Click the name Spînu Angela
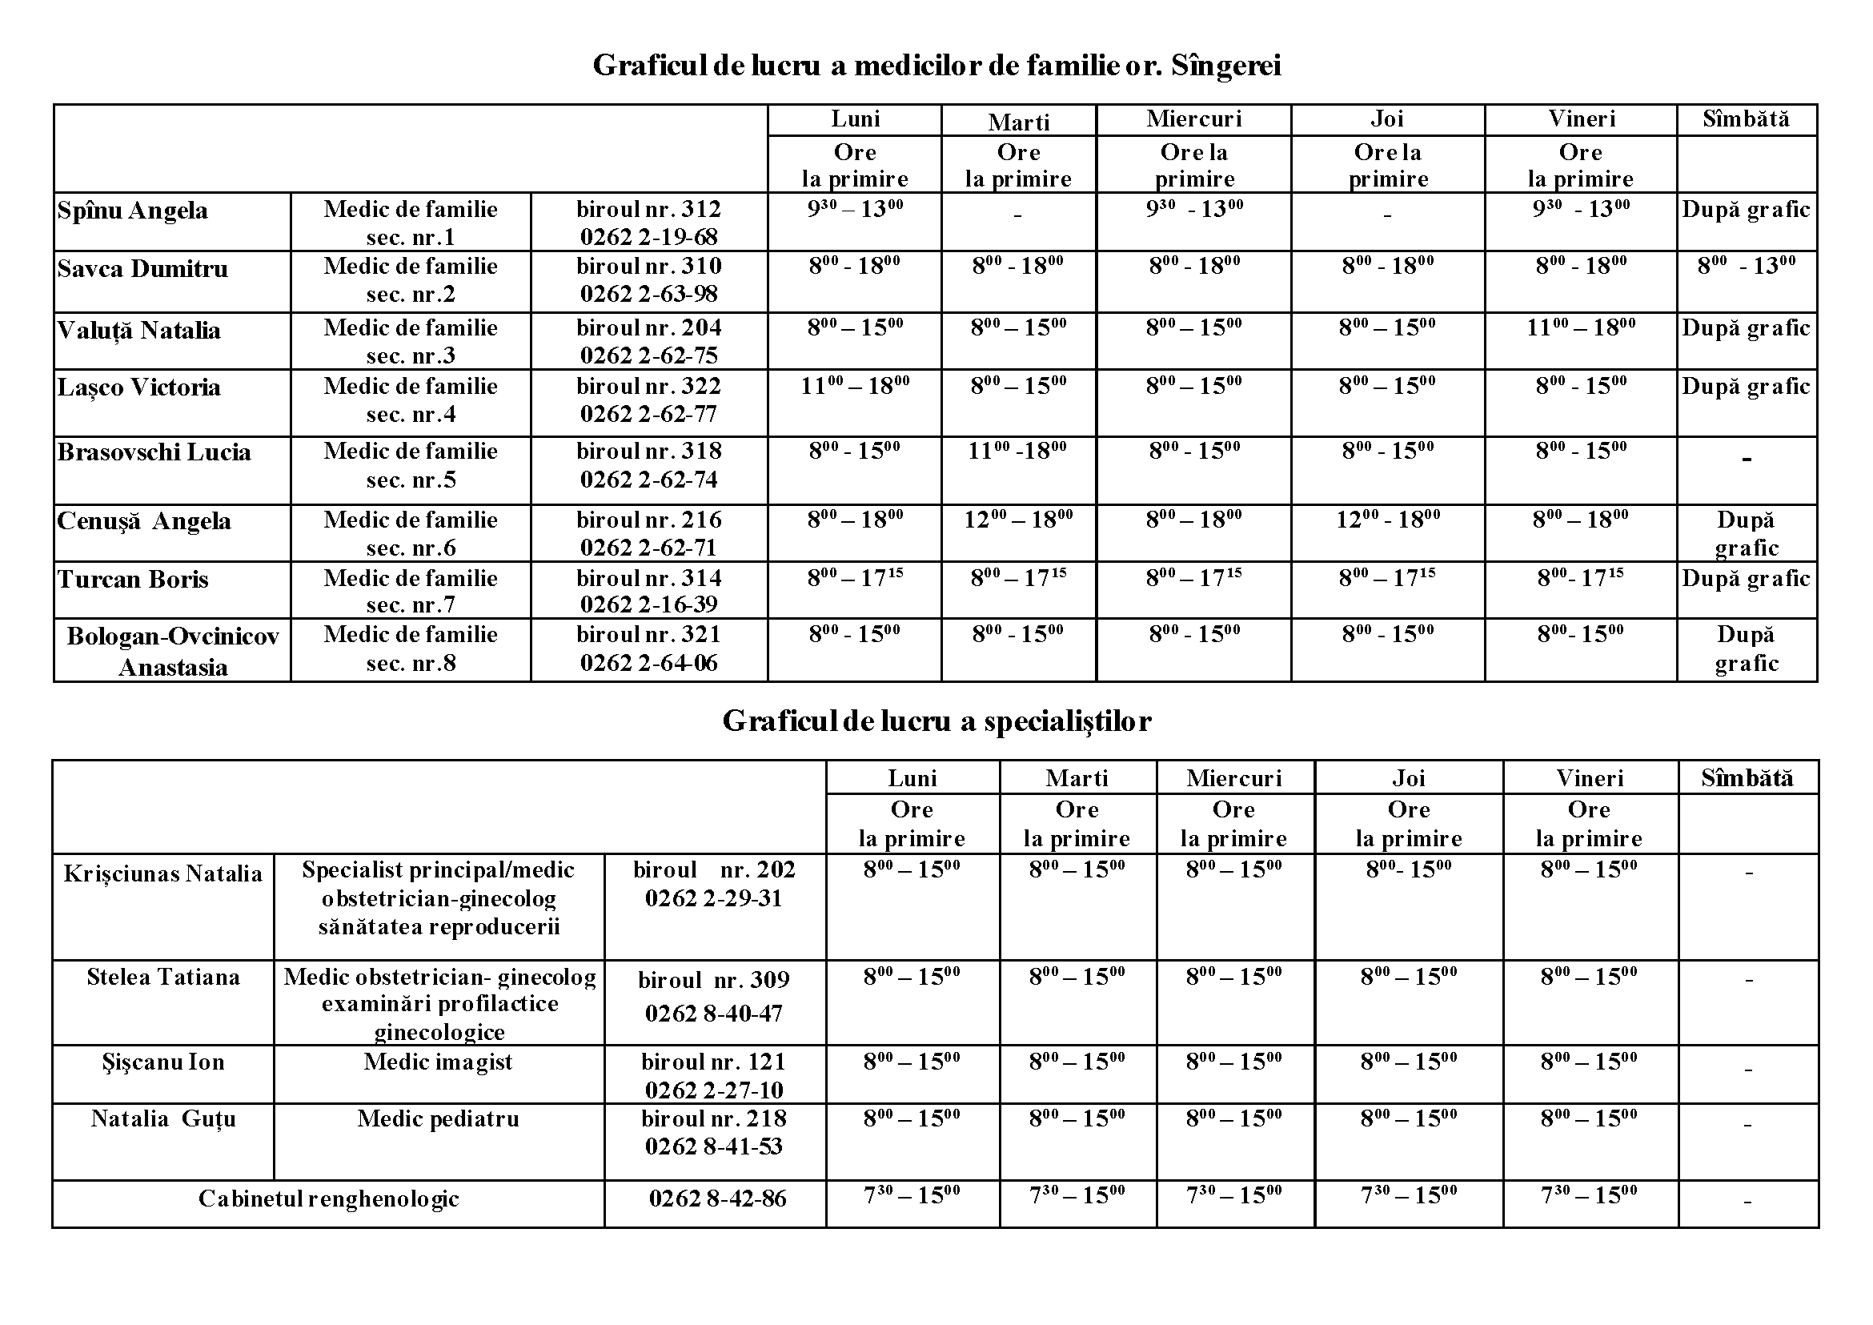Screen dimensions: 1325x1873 tap(132, 211)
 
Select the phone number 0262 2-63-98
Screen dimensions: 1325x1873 tap(648, 294)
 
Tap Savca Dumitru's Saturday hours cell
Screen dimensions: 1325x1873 tap(1746, 266)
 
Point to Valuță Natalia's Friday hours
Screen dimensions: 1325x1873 tap(1580, 328)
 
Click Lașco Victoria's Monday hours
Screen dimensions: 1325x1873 tap(854, 386)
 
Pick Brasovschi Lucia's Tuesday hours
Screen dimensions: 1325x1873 tap(1017, 452)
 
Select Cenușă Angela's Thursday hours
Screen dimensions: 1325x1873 tap(1387, 520)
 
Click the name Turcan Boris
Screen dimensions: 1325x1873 tap(133, 580)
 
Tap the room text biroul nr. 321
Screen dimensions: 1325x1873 tap(648, 635)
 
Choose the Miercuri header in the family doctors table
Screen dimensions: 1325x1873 tap(1193, 119)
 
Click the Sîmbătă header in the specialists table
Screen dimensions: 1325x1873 tap(1747, 777)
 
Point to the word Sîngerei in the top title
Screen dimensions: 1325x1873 tap(1225, 66)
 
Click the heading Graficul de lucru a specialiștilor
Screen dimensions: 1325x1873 tap(936, 721)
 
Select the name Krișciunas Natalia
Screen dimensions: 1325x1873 tap(163, 873)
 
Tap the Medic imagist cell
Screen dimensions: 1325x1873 tap(438, 1062)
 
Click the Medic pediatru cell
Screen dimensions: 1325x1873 tap(438, 1118)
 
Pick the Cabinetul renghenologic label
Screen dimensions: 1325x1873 tap(328, 1199)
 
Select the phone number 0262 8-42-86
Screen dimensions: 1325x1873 tap(717, 1199)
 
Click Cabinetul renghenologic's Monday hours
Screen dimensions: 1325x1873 tap(911, 1196)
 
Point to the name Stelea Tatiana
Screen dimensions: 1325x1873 tap(163, 978)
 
